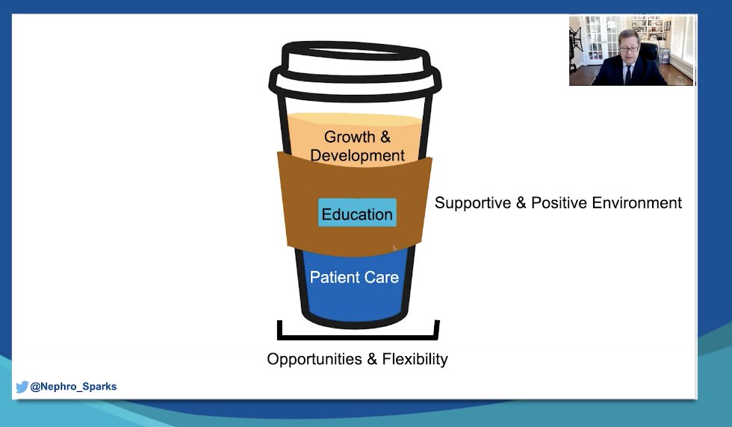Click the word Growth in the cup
[350, 137]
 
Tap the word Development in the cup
[357, 155]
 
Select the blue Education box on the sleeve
[357, 213]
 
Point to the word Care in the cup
[382, 277]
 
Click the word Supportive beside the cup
[473, 203]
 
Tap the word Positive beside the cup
[559, 203]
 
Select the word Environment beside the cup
[636, 203]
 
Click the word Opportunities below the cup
[314, 359]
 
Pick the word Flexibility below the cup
[415, 359]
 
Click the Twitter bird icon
[22, 387]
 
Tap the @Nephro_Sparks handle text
[73, 387]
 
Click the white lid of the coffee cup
[355, 70]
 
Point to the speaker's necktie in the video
[628, 75]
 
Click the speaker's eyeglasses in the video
[629, 49]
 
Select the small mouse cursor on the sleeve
[394, 249]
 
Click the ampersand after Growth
[385, 137]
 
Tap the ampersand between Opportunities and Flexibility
[372, 359]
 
